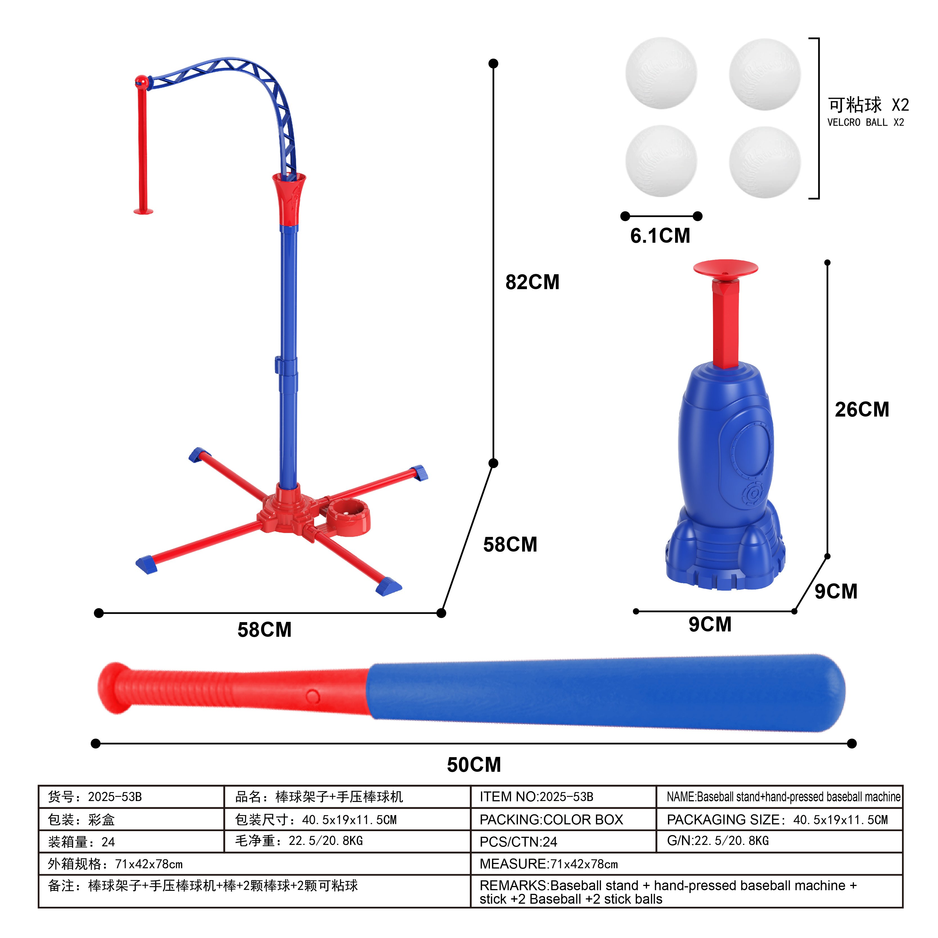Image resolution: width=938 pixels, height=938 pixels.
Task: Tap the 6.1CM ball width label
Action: pos(660,236)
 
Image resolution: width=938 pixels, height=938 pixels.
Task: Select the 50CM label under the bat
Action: pos(474,764)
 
